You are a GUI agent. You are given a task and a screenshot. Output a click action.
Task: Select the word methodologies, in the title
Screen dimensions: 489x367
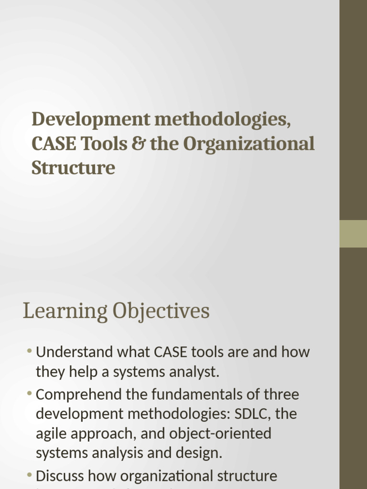coord(222,119)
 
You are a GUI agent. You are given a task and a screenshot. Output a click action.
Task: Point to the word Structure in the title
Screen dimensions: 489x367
coord(73,168)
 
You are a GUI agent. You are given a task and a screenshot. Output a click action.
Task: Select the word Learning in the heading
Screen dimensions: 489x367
coord(65,311)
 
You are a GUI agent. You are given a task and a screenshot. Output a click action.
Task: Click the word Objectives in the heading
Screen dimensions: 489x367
coord(161,311)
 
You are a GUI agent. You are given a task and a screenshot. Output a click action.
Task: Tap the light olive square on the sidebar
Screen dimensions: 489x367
coord(353,234)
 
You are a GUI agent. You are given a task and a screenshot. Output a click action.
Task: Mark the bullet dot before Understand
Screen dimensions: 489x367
coord(30,352)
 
